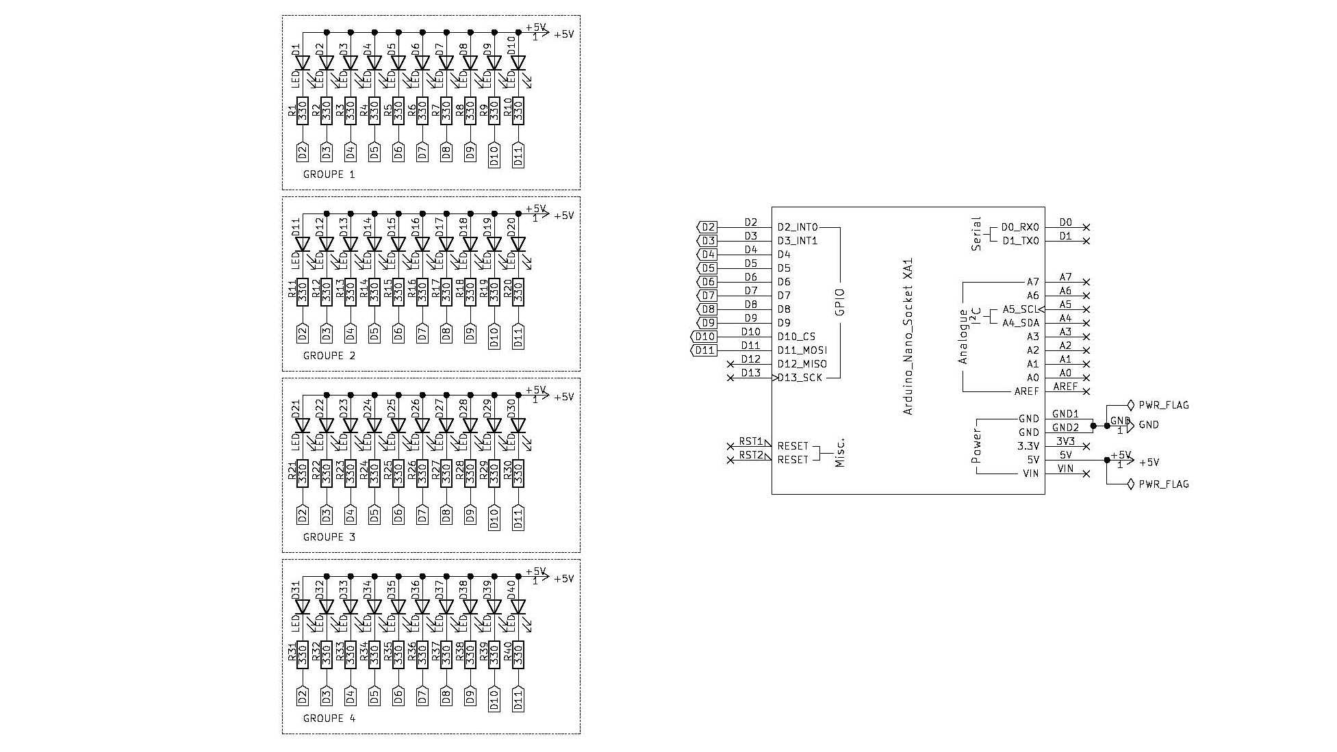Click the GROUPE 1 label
click(x=329, y=174)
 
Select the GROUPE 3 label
click(x=329, y=537)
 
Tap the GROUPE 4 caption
click(x=329, y=718)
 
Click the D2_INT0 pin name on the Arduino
click(x=798, y=227)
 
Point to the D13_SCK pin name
click(x=800, y=378)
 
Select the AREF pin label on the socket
click(x=1026, y=391)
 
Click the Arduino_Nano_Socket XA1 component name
click(x=908, y=337)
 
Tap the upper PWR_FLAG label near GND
click(x=1163, y=405)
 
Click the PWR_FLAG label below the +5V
click(x=1163, y=484)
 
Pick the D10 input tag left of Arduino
click(x=704, y=337)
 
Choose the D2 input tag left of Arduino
click(x=708, y=227)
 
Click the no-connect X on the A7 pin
click(x=1086, y=282)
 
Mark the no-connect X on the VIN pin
click(x=1086, y=474)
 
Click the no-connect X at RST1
click(x=730, y=446)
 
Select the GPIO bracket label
click(x=841, y=302)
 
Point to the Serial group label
click(x=976, y=234)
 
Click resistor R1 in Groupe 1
click(x=303, y=111)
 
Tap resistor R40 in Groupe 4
click(x=518, y=655)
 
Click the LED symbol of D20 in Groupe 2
click(x=518, y=244)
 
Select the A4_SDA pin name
click(x=1021, y=323)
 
